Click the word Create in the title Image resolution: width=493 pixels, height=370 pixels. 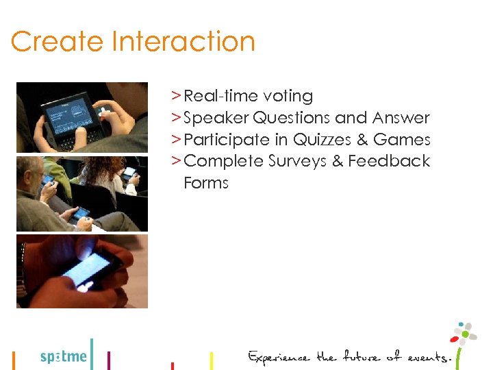(x=57, y=42)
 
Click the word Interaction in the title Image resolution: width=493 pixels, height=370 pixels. (x=183, y=42)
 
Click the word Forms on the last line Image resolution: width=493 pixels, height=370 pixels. (x=206, y=184)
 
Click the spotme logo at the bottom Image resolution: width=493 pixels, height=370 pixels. (x=64, y=356)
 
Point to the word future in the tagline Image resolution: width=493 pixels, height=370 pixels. (x=362, y=357)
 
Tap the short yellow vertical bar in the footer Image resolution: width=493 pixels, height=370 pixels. (x=211, y=360)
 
